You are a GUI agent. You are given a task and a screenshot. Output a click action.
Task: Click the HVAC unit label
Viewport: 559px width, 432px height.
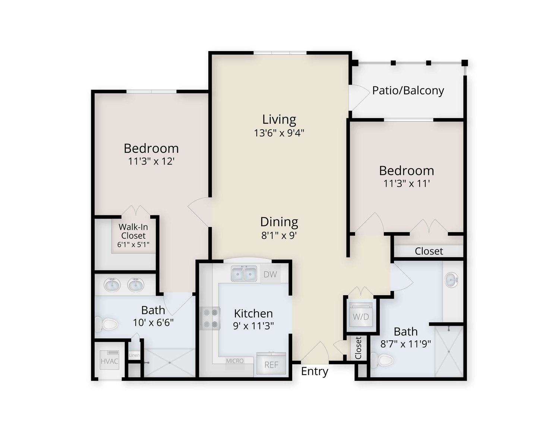tap(109, 361)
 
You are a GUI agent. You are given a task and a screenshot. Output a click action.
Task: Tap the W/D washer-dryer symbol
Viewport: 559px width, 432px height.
tap(361, 316)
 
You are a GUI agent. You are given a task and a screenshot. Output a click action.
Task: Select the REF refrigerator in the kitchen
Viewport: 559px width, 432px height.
tap(271, 363)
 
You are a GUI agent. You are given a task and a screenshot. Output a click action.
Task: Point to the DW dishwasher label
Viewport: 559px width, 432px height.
tap(270, 274)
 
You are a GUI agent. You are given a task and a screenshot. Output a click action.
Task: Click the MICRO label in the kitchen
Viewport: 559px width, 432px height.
tap(235, 361)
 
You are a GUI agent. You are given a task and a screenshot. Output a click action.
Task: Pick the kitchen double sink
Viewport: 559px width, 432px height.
tap(244, 274)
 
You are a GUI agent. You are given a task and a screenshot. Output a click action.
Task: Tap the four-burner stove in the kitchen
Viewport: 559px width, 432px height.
tap(210, 318)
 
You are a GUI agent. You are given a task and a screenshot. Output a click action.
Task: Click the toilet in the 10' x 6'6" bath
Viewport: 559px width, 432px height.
tap(106, 324)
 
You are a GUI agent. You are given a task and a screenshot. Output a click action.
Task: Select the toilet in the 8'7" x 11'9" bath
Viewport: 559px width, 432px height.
tap(382, 360)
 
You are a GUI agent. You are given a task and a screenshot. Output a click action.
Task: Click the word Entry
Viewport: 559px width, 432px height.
tap(315, 372)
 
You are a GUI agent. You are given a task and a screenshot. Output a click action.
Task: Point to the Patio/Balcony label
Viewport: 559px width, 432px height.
tap(408, 91)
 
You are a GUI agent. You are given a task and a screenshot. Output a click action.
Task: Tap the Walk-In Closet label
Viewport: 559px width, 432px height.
tap(133, 231)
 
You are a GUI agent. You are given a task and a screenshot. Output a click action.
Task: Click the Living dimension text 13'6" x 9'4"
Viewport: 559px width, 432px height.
tap(279, 133)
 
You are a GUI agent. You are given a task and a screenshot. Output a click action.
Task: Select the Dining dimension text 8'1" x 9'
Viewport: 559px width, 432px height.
tap(279, 235)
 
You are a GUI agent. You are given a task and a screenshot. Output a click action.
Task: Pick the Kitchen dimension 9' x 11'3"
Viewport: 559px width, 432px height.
tap(253, 326)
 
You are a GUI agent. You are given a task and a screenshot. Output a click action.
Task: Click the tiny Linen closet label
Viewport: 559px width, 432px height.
tap(134, 355)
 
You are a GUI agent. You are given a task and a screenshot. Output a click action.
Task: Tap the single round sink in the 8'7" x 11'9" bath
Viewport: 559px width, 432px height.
tap(451, 280)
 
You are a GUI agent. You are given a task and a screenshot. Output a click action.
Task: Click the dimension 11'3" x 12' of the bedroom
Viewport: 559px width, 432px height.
tap(151, 161)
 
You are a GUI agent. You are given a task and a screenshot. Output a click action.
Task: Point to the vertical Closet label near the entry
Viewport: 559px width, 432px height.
tap(359, 348)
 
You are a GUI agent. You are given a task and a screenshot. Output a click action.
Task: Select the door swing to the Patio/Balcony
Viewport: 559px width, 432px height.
tap(359, 97)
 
